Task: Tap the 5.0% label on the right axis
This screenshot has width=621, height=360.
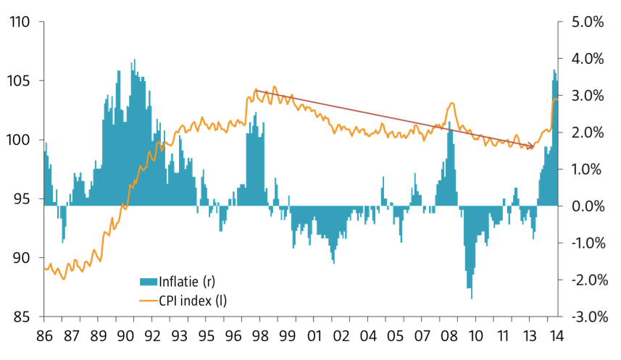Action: pyautogui.click(x=587, y=22)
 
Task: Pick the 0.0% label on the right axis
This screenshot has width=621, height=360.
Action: pyautogui.click(x=587, y=206)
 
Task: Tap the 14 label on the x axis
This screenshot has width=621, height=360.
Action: pyautogui.click(x=557, y=337)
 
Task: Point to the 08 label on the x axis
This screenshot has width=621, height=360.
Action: pyautogui.click(x=448, y=337)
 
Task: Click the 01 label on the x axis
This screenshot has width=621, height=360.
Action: pyautogui.click(x=314, y=337)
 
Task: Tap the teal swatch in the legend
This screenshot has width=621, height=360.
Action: pyautogui.click(x=148, y=282)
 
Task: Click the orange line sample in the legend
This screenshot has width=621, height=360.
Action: pyautogui.click(x=148, y=298)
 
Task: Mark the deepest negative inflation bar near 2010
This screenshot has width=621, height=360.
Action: pyautogui.click(x=471, y=298)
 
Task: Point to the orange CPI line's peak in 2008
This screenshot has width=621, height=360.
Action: pyautogui.click(x=451, y=104)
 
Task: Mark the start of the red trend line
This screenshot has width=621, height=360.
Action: pyautogui.click(x=255, y=90)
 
